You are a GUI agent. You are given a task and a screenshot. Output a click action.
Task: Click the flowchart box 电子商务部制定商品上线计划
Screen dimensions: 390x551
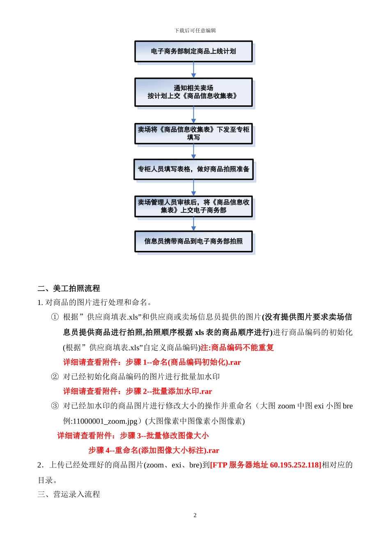193,52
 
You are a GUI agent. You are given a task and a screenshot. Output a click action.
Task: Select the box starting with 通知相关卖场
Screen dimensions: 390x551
193,92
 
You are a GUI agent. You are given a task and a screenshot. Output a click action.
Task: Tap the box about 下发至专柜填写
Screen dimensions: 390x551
193,134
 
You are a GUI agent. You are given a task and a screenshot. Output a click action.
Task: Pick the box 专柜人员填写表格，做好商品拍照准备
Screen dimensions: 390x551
193,169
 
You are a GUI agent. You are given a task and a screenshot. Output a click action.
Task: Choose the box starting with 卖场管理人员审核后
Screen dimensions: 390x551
193,206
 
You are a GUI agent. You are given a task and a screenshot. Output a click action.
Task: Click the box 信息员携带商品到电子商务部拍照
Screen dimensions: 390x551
193,241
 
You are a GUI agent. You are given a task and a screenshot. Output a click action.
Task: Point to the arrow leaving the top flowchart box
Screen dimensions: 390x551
194,70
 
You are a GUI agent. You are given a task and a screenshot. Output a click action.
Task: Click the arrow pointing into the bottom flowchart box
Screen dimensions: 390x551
194,224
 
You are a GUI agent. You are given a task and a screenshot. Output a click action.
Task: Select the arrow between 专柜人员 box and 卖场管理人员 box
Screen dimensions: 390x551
194,188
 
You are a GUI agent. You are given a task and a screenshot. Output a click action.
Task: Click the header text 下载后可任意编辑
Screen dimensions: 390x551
195,31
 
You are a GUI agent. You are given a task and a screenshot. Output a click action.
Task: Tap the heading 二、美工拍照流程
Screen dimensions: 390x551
69,289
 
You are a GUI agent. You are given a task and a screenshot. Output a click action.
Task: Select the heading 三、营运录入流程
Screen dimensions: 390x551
69,494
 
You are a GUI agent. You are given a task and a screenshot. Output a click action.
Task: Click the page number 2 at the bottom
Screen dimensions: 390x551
195,515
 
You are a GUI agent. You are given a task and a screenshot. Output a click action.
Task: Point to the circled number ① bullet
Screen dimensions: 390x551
55,317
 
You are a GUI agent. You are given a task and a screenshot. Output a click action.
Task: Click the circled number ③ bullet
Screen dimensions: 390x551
55,406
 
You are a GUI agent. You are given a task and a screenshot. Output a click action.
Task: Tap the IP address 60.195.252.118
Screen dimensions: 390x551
295,465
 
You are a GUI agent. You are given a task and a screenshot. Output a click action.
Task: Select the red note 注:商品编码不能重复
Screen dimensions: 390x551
237,348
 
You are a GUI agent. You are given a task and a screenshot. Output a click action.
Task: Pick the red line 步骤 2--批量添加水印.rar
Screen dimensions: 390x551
169,392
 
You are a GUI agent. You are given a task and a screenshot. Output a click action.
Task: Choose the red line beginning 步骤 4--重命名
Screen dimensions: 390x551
154,451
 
